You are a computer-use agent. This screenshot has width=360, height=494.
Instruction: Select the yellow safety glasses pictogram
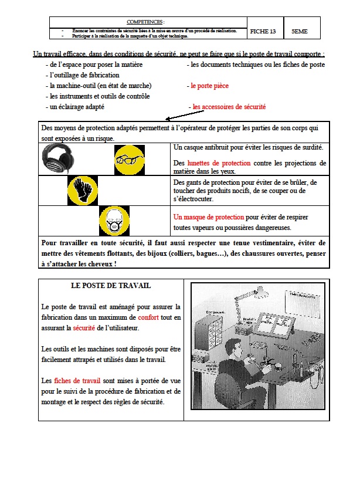pyautogui.click(x=128, y=158)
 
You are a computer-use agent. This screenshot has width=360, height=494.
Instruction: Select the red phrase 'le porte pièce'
pyautogui.click(x=209, y=86)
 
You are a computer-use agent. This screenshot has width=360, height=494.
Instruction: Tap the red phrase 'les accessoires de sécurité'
pyautogui.click(x=229, y=107)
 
